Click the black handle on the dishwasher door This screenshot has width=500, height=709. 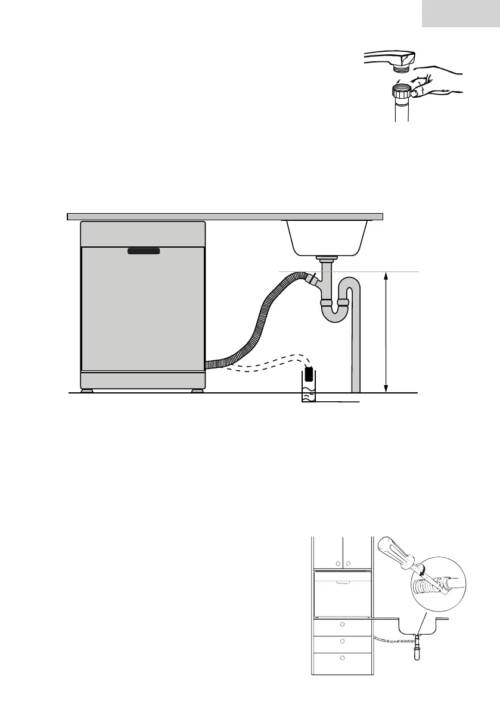pyautogui.click(x=144, y=252)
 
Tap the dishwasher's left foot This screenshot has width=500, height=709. pyautogui.click(x=88, y=391)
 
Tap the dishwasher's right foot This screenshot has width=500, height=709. pyautogui.click(x=195, y=391)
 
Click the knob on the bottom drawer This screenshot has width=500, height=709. pyautogui.click(x=342, y=658)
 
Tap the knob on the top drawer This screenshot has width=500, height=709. pyautogui.click(x=342, y=625)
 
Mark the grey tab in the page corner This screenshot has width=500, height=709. pyautogui.click(x=461, y=13)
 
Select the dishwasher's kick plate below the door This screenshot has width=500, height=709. pyautogui.click(x=143, y=380)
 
